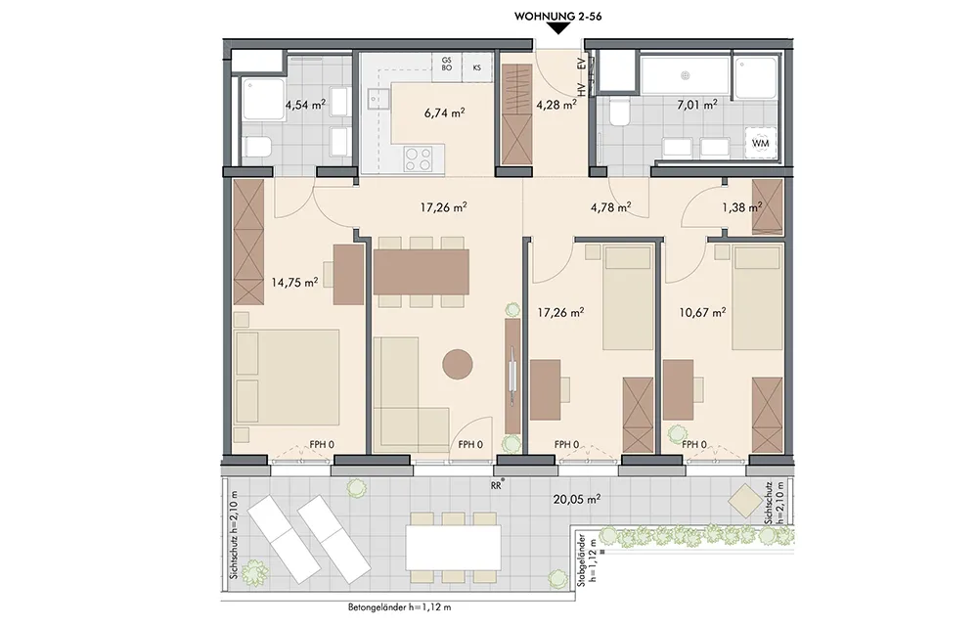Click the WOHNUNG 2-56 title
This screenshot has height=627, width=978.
pyautogui.click(x=557, y=17)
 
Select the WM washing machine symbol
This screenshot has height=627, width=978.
pyautogui.click(x=761, y=143)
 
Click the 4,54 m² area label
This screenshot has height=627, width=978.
pyautogui.click(x=305, y=105)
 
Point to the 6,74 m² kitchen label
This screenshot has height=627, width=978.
pyautogui.click(x=444, y=112)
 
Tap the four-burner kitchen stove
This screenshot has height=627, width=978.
pyautogui.click(x=418, y=157)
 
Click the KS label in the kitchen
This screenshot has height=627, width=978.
pyautogui.click(x=477, y=68)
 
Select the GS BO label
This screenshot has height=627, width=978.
pyautogui.click(x=447, y=64)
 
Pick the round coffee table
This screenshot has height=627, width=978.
pyautogui.click(x=458, y=364)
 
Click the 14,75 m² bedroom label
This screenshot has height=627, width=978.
pyautogui.click(x=294, y=282)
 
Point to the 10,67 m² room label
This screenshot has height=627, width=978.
pyautogui.click(x=702, y=312)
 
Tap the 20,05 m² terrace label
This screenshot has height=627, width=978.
pyautogui.click(x=577, y=499)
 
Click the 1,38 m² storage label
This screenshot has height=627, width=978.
pyautogui.click(x=742, y=207)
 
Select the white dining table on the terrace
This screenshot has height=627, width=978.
pyautogui.click(x=454, y=547)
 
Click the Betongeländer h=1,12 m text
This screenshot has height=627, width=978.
pyautogui.click(x=400, y=607)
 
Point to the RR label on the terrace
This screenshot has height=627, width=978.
pyautogui.click(x=497, y=482)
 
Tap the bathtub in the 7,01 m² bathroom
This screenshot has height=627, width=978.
pyautogui.click(x=685, y=75)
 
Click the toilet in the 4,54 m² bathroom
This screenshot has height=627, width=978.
pyautogui.click(x=257, y=148)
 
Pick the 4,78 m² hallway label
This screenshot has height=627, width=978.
pyautogui.click(x=610, y=207)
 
